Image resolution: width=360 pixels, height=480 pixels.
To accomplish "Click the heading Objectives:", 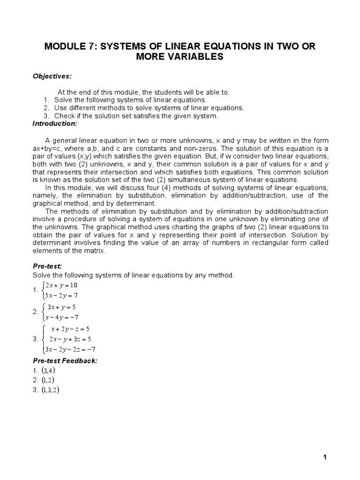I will tap(52, 76).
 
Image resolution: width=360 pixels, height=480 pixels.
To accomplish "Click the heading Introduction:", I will tap(54, 123).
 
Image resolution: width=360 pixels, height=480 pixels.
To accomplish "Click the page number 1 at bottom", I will tap(324, 458).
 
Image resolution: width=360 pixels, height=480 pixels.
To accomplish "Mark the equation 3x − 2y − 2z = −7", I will tap(69, 349).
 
